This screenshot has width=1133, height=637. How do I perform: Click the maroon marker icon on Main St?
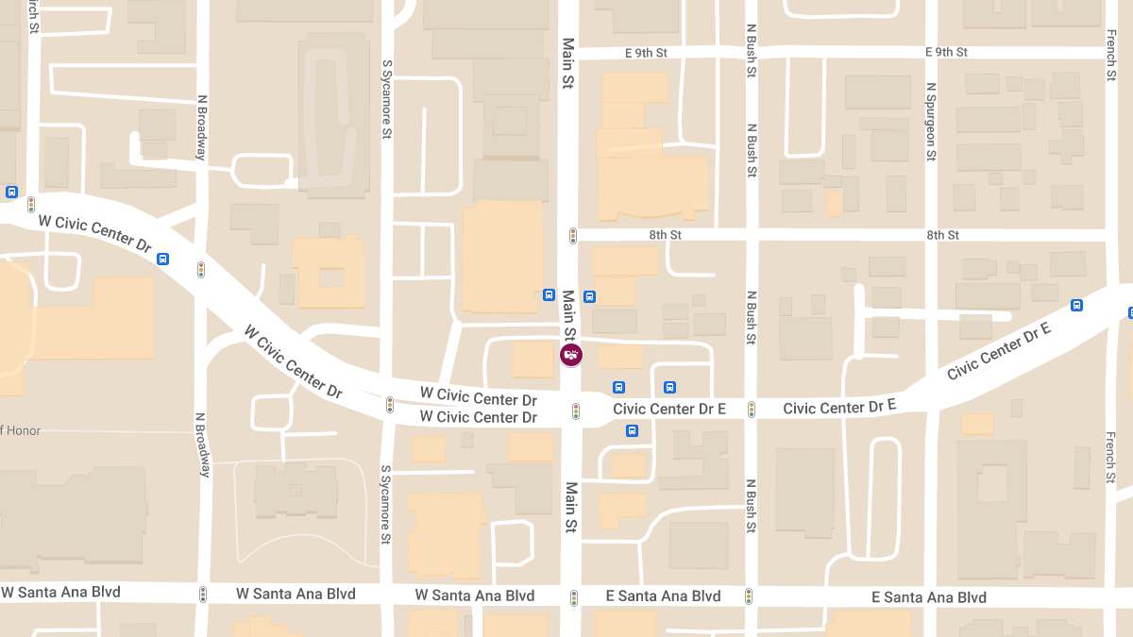[x=571, y=355]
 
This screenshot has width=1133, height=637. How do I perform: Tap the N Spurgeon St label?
[x=931, y=120]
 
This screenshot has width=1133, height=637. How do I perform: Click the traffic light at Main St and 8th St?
[x=572, y=235]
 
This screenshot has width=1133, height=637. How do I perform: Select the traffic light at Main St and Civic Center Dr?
[x=575, y=411]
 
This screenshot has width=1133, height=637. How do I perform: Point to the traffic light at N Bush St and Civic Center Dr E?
[x=752, y=409]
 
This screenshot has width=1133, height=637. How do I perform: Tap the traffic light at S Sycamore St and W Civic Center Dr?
[x=389, y=405]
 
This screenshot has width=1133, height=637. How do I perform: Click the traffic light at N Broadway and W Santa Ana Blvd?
[x=202, y=595]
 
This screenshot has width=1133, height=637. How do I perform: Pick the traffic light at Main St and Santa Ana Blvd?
[x=573, y=597]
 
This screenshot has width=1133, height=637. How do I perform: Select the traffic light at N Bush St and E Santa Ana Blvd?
[x=749, y=596]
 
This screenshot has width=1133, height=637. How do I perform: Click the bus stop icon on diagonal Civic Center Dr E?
[x=1076, y=305]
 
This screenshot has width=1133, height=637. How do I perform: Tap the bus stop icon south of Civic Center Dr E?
[x=632, y=431]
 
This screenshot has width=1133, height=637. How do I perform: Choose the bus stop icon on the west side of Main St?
[x=550, y=295]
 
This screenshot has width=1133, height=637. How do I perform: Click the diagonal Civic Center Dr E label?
[x=999, y=350]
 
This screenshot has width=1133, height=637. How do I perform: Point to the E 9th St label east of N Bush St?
[x=946, y=52]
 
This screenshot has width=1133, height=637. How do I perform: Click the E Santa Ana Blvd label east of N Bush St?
[x=928, y=597]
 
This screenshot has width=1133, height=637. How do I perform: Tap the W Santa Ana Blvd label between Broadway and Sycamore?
[x=296, y=594]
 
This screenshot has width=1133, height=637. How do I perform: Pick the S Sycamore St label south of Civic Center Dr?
[x=385, y=505]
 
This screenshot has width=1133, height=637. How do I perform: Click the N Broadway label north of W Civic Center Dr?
[x=202, y=127]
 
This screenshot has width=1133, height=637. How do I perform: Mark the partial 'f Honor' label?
[x=20, y=430]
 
